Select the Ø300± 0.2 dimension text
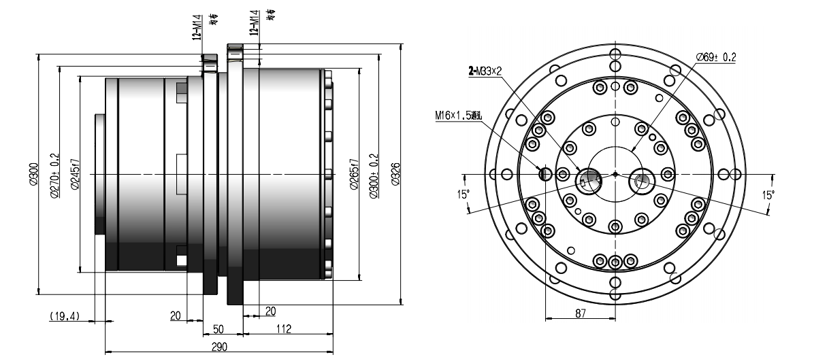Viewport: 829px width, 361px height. pos(372,175)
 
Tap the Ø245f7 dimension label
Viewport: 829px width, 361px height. pos(76,175)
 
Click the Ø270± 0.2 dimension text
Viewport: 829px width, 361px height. pos(55,175)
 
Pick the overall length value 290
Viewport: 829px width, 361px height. pos(218,346)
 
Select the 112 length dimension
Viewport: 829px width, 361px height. pos(284,329)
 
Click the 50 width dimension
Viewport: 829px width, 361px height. pos(219,329)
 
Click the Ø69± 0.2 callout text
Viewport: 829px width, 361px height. pos(715,58)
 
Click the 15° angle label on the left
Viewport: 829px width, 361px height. pos(465,192)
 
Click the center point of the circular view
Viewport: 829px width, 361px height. pos(615,174)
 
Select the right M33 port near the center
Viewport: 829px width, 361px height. pos(641,179)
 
